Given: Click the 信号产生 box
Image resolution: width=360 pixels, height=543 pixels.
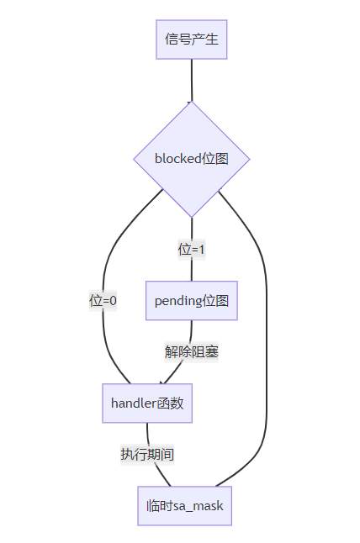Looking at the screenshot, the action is [191, 40].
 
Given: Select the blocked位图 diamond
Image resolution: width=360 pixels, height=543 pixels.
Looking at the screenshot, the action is [192, 159].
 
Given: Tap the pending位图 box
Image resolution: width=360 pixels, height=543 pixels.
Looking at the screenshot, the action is [192, 301].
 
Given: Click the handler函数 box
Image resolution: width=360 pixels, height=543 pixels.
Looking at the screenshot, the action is [147, 403].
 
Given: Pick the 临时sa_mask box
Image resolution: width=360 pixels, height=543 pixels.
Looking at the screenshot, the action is [185, 506].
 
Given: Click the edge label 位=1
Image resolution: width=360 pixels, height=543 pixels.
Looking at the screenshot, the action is [192, 250].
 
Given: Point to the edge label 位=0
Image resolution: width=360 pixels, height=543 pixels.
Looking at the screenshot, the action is [103, 301].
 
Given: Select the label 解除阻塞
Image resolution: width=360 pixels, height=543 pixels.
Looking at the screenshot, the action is [192, 352].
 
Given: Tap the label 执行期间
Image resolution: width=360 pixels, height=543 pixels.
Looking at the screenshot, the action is [147, 455].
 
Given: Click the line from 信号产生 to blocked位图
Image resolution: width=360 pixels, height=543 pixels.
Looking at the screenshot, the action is [192, 81].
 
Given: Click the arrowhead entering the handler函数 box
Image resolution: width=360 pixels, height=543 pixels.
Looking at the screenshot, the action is [161, 382].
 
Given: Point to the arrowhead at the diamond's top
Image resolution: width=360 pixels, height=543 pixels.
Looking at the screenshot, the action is [190, 102].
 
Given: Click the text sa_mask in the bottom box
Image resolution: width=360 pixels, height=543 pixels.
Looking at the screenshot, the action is [199, 507].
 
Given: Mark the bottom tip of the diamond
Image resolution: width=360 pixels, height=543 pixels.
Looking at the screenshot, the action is [192, 218].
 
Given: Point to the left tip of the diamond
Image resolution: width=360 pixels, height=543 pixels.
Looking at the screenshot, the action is [134, 160].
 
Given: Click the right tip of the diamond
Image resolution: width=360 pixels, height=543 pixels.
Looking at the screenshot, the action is [250, 160].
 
